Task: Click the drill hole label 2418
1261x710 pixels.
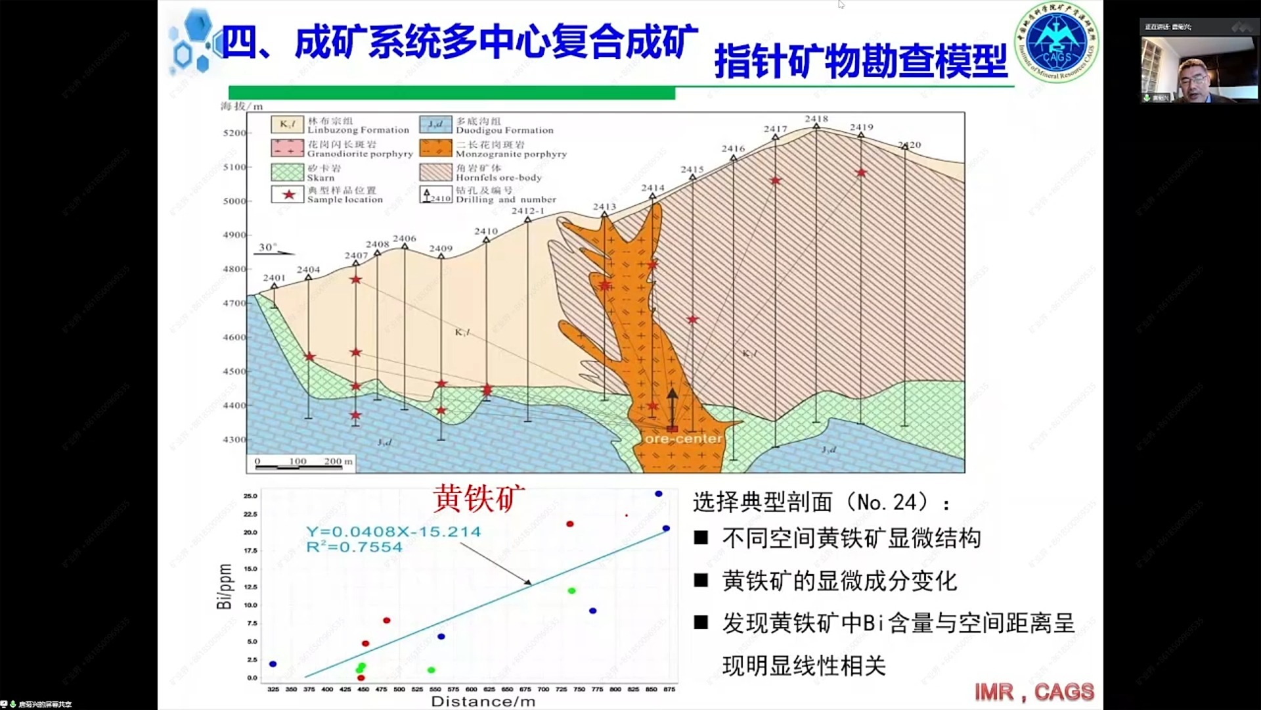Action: point(816,119)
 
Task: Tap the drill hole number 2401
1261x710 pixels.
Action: point(274,278)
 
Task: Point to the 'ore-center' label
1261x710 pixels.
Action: point(683,438)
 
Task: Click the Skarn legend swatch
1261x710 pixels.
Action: point(287,172)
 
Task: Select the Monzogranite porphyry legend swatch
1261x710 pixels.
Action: point(435,148)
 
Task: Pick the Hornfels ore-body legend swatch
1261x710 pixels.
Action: point(435,172)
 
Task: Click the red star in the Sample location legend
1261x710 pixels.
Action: point(288,195)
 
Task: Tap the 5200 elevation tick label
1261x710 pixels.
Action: point(234,133)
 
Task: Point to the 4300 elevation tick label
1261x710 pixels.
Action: point(234,440)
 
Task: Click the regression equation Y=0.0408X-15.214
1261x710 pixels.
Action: point(393,532)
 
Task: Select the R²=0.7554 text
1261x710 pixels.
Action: point(354,548)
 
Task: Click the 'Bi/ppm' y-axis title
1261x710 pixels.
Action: point(225,586)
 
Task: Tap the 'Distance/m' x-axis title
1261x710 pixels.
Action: point(483,701)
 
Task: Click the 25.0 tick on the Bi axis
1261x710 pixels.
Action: point(250,496)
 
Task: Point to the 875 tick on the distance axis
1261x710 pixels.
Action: point(669,689)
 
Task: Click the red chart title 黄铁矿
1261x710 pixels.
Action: point(479,498)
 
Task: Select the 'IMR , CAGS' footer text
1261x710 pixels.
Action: point(1034,692)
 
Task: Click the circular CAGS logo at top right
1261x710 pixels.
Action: point(1056,43)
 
